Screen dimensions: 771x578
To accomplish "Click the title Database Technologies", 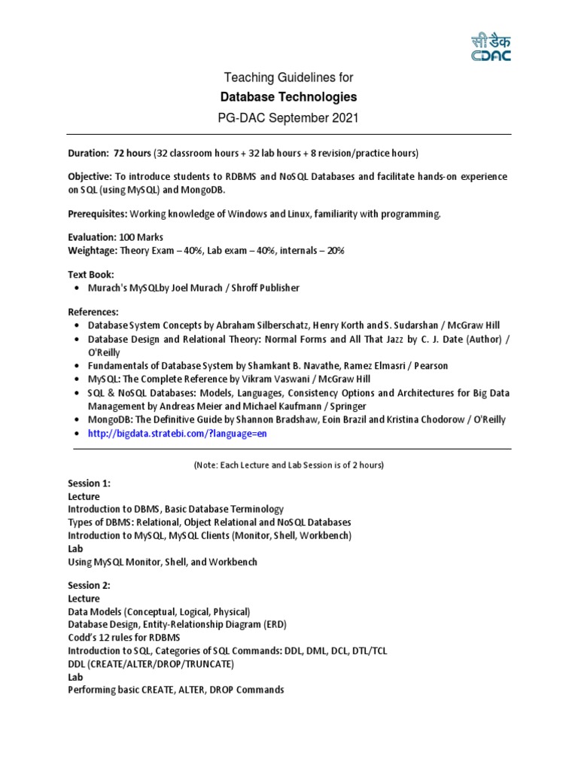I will click(x=288, y=97).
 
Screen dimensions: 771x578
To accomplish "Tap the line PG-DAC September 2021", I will click(x=288, y=117).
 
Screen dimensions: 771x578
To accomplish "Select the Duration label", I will click(x=88, y=154).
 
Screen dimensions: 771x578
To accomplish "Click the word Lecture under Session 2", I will click(x=84, y=599).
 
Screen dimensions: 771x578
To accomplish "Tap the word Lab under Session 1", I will click(x=75, y=549).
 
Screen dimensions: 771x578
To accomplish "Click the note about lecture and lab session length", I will click(x=288, y=465).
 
